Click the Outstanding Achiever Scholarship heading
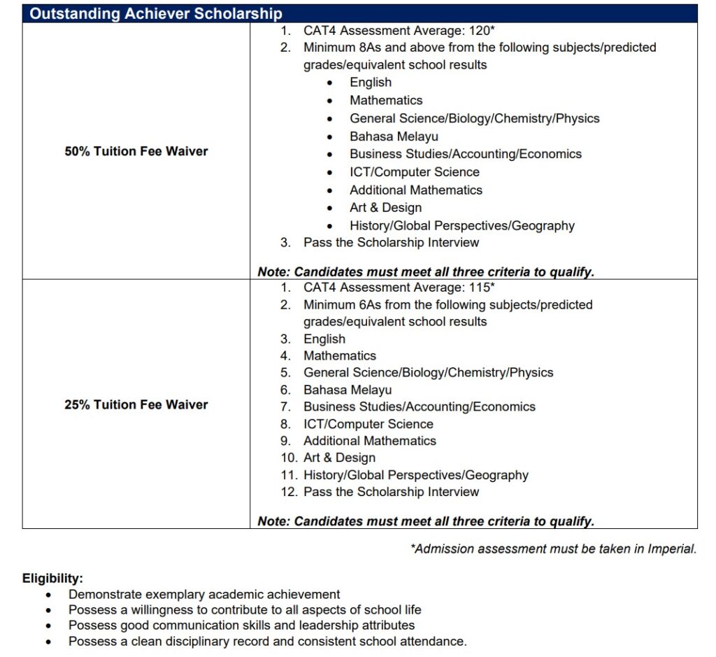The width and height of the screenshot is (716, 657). (156, 13)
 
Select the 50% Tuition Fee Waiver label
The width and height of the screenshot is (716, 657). (136, 151)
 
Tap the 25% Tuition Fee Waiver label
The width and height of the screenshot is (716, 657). (136, 404)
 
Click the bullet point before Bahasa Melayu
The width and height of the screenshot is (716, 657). (330, 137)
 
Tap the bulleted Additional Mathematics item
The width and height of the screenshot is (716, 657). (416, 190)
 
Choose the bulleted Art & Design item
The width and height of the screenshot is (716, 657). (385, 208)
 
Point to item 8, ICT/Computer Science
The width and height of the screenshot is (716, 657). (368, 424)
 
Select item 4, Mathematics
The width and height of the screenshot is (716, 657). (339, 356)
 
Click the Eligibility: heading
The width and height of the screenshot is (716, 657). (52, 579)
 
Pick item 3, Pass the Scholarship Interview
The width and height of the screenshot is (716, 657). (391, 243)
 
